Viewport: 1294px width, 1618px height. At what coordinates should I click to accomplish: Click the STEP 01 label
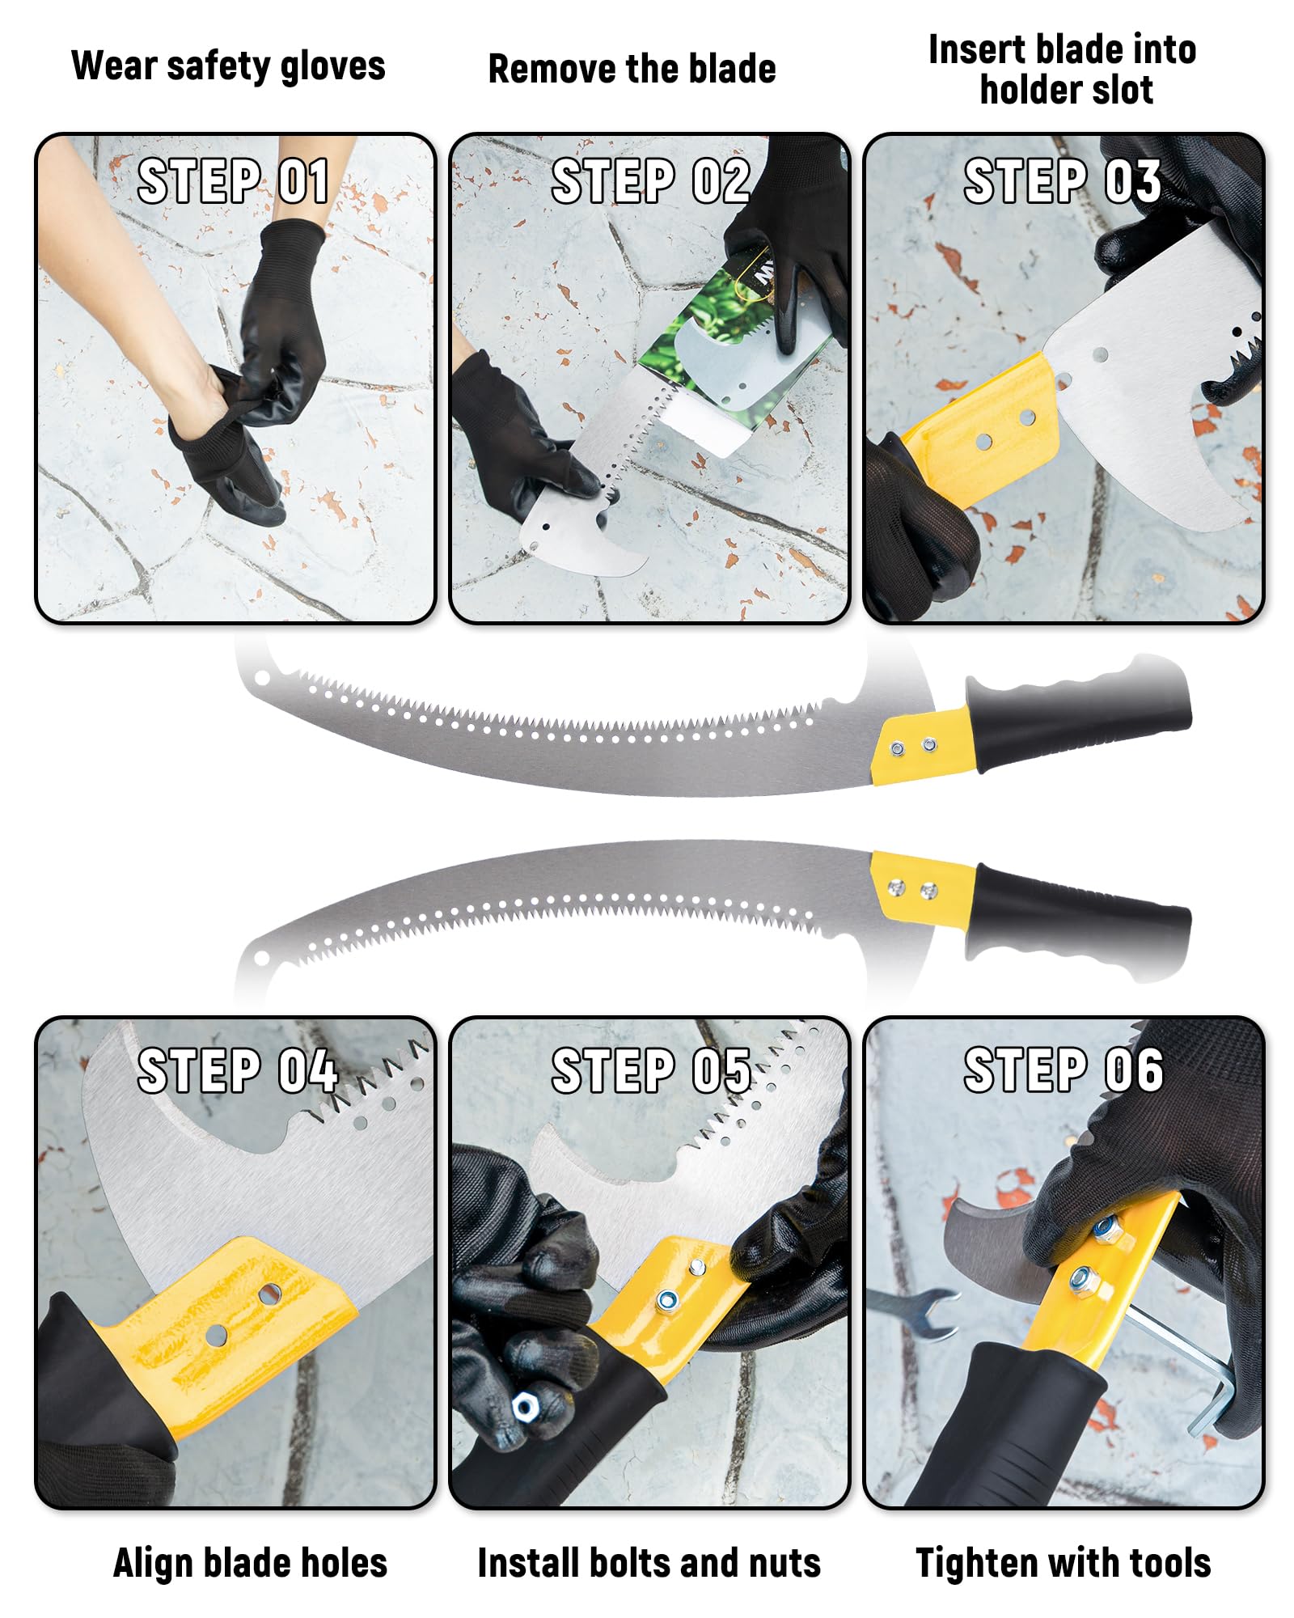pyautogui.click(x=233, y=180)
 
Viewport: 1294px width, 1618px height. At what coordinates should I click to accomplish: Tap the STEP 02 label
pyautogui.click(x=650, y=180)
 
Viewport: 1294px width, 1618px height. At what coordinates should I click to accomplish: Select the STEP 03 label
pyautogui.click(x=1063, y=180)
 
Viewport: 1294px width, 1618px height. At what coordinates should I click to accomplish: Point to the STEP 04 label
pyautogui.click(x=238, y=1070)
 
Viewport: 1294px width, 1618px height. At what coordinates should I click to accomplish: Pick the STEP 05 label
pyautogui.click(x=651, y=1070)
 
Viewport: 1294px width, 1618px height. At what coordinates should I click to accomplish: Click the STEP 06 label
pyautogui.click(x=1064, y=1070)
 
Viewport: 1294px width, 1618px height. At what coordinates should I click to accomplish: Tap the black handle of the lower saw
pyautogui.click(x=1080, y=918)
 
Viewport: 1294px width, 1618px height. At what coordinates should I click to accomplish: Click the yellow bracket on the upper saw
pyautogui.click(x=922, y=746)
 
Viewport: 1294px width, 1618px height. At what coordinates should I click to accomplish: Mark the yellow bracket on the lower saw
pyautogui.click(x=922, y=887)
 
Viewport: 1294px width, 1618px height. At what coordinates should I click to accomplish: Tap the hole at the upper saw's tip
pyautogui.click(x=262, y=678)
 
